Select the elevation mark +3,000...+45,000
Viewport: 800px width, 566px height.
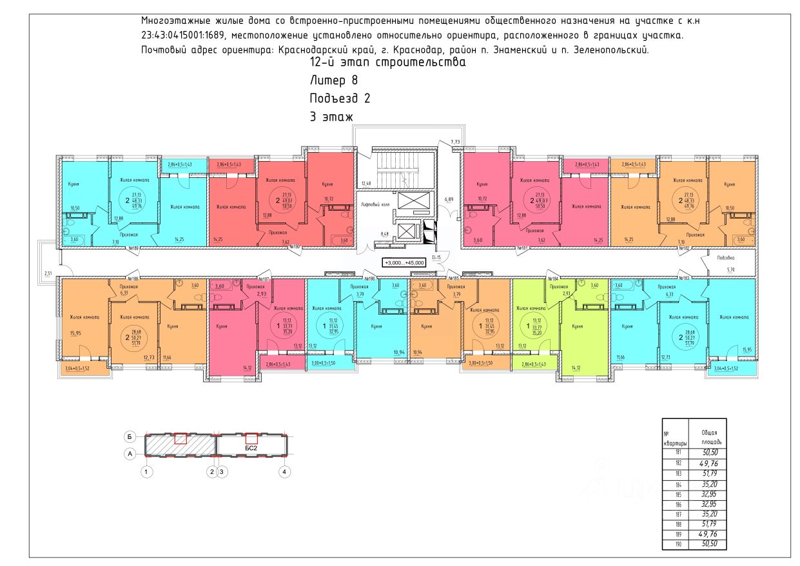point(407,262)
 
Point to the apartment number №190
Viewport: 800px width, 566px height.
point(297,247)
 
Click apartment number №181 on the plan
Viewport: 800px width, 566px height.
point(522,248)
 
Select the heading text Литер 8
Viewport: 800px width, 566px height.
point(333,81)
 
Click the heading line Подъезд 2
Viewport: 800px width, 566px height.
point(340,99)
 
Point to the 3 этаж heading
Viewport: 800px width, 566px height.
point(332,117)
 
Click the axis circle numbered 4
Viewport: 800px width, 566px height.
point(284,473)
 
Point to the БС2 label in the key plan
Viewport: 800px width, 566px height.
point(251,447)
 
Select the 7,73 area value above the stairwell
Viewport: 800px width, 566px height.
point(455,142)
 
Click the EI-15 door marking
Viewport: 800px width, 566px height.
point(436,257)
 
